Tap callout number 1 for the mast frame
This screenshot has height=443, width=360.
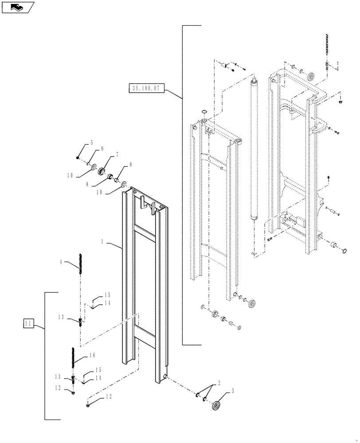(102, 242)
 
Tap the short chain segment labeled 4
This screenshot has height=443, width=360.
(81, 265)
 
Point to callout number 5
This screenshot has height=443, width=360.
(91, 143)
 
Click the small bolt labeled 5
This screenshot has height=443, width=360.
(78, 157)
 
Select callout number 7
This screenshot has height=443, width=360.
(117, 155)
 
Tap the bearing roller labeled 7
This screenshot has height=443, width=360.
(102, 171)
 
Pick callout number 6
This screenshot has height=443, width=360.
(102, 149)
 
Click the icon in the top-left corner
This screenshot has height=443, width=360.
(18, 7)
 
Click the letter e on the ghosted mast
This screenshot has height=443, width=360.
(221, 168)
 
